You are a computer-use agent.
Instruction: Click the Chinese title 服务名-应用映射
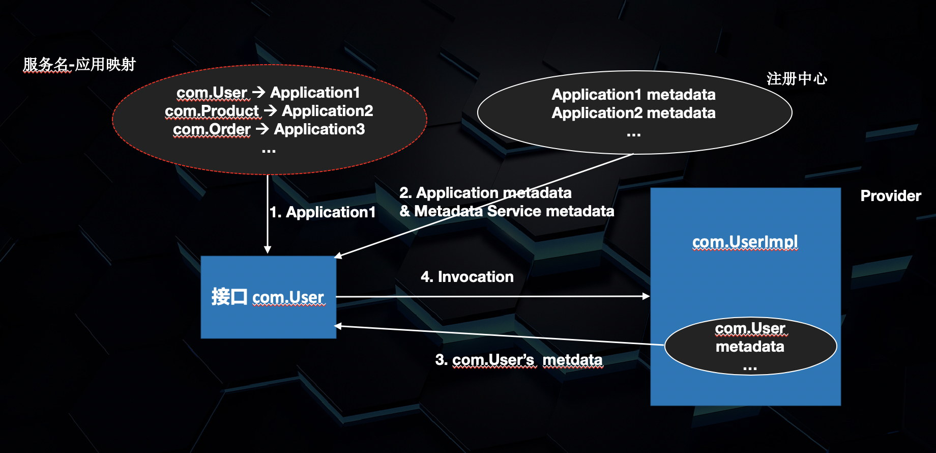pyautogui.click(x=79, y=65)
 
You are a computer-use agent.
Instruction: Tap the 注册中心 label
pyautogui.click(x=797, y=78)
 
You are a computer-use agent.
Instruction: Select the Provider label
pyautogui.click(x=890, y=196)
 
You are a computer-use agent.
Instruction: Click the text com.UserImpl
pyautogui.click(x=745, y=241)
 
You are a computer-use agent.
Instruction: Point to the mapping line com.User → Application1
pyautogui.click(x=268, y=93)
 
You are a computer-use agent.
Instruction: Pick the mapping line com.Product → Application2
pyautogui.click(x=269, y=111)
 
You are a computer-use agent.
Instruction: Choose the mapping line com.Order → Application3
pyautogui.click(x=269, y=129)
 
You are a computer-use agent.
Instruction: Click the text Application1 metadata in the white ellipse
pyautogui.click(x=633, y=95)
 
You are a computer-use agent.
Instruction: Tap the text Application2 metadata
pyautogui.click(x=633, y=113)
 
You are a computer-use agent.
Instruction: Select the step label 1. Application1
pyautogui.click(x=323, y=212)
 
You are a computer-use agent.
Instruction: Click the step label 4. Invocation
pyautogui.click(x=467, y=277)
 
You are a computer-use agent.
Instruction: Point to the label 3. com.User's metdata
pyautogui.click(x=518, y=360)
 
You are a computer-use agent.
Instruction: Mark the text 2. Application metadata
pyautogui.click(x=485, y=193)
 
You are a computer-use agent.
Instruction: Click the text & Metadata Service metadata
pyautogui.click(x=507, y=211)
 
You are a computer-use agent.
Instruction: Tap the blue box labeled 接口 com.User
pyautogui.click(x=268, y=297)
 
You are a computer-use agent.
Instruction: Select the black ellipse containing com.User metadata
pyautogui.click(x=750, y=346)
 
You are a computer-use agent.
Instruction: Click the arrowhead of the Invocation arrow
pyautogui.click(x=646, y=296)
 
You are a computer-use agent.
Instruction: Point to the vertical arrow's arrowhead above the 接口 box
pyautogui.click(x=268, y=249)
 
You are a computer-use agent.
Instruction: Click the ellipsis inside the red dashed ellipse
pyautogui.click(x=269, y=151)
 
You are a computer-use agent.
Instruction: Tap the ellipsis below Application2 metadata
pyautogui.click(x=633, y=135)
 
